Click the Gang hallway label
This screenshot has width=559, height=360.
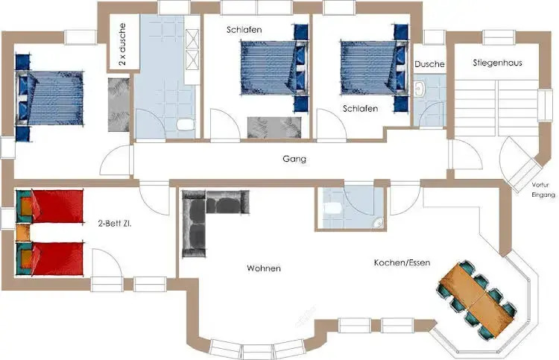(294, 159)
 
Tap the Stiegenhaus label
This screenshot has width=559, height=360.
(497, 63)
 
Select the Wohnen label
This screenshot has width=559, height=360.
(264, 268)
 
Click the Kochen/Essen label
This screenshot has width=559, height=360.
(402, 262)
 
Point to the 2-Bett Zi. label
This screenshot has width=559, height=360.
(115, 224)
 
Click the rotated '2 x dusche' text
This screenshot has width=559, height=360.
(123, 44)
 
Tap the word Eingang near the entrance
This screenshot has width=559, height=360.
(543, 195)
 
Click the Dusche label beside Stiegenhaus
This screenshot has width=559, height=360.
(429, 64)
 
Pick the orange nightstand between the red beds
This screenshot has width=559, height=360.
(23, 232)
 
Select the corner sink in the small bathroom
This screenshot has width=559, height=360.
(378, 223)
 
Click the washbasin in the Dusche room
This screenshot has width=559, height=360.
(419, 89)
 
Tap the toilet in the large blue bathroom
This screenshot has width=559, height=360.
(186, 124)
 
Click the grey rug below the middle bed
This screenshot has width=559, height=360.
(274, 127)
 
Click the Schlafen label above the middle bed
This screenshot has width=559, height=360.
(244, 30)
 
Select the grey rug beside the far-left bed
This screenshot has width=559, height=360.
(119, 104)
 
